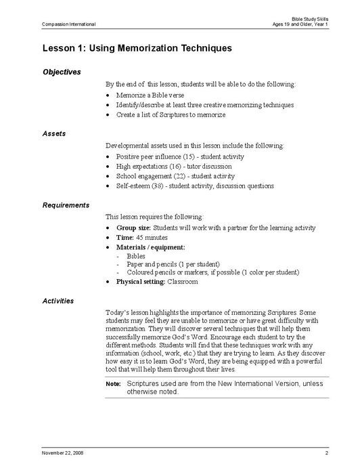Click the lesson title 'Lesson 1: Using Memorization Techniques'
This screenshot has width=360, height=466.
pos(137,48)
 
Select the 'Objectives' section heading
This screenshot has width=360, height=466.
pos(62,72)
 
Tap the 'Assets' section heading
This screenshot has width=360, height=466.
pos(54,133)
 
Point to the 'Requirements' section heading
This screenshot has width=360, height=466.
pos(66,205)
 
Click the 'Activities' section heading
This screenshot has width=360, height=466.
pos(58,300)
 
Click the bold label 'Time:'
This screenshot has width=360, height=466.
pos(127,238)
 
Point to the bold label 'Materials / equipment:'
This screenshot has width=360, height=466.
pos(150,248)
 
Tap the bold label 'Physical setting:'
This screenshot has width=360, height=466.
pos(141,281)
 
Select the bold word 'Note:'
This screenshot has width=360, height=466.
pos(113,384)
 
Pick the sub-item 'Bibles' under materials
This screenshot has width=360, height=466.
pos(133,257)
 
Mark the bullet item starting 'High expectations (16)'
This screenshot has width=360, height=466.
pos(173,166)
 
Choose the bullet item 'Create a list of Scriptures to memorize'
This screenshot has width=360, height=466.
pos(171,115)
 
